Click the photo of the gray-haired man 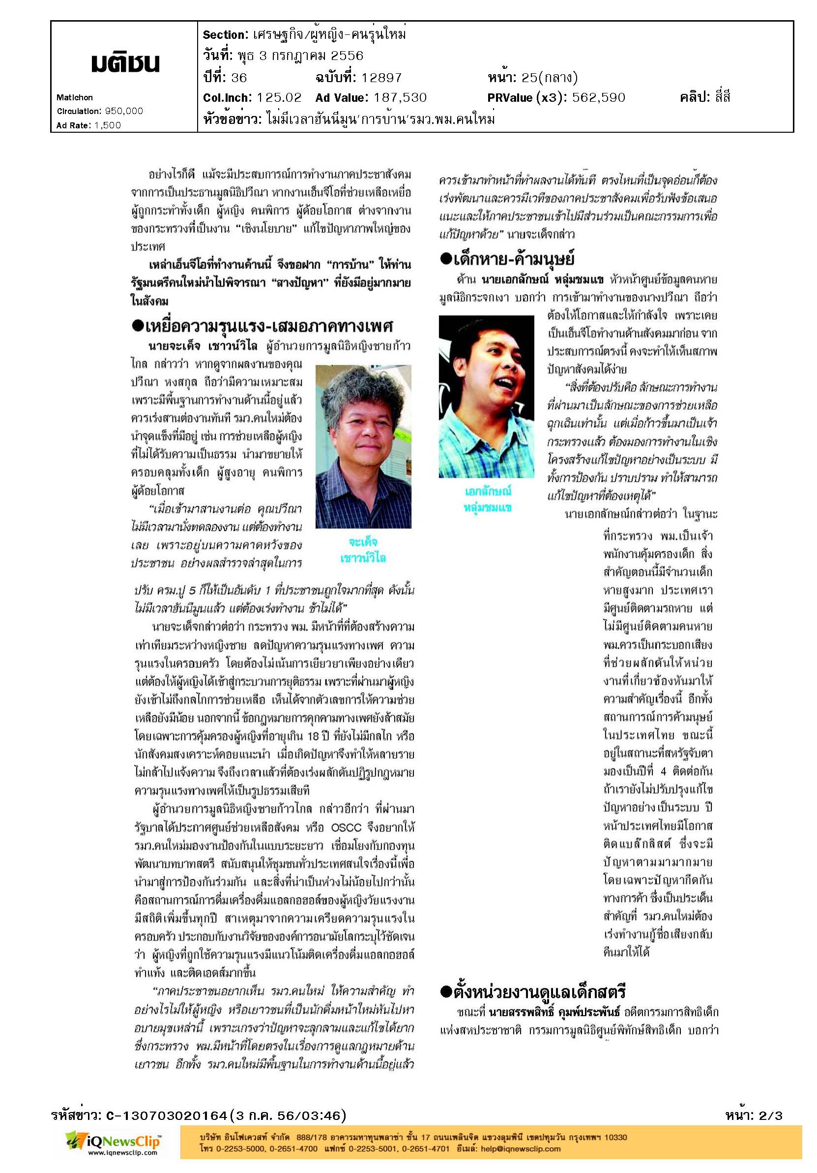363,446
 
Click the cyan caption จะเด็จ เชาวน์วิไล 363,550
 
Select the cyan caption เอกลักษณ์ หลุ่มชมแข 488,499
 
